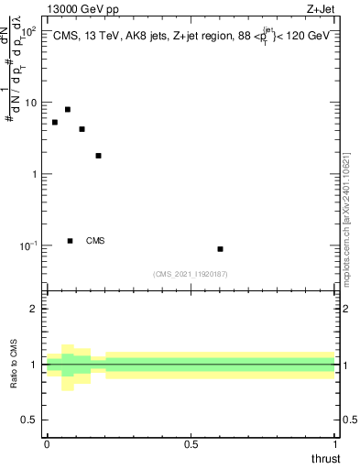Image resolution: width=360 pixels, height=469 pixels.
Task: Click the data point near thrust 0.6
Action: [x=221, y=249]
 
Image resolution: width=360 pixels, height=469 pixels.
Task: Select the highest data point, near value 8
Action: [x=68, y=110]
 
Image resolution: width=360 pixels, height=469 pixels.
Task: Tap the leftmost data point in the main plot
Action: [x=55, y=122]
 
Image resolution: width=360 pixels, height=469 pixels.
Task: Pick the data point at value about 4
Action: [x=82, y=129]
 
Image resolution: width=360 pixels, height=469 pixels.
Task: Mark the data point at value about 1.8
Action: [x=98, y=156]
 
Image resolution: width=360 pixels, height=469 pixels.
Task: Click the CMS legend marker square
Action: [x=71, y=241]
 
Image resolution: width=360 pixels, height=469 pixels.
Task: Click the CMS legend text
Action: [x=95, y=241]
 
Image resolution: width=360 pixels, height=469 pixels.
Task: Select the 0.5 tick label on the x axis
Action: [x=191, y=444]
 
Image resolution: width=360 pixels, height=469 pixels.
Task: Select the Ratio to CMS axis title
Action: [x=15, y=364]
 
